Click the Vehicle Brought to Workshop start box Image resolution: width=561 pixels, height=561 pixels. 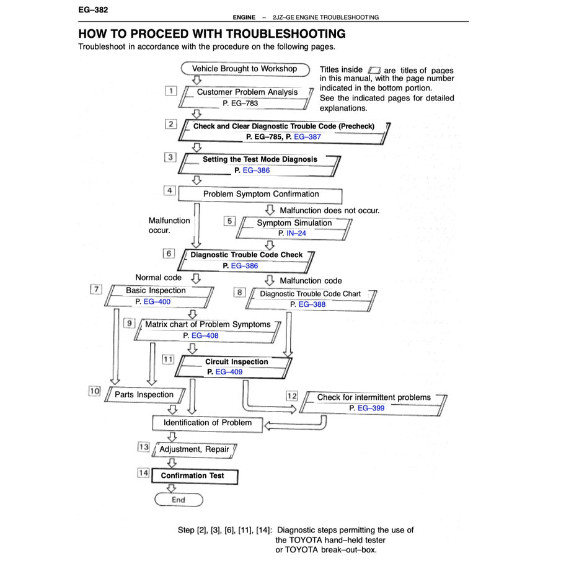pos(244,69)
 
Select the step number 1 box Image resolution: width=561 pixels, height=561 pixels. pos(170,91)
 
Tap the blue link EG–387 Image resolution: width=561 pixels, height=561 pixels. pos(307,136)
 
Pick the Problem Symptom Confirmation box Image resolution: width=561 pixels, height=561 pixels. pos(260,195)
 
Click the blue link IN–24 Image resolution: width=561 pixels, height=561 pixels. pos(296,233)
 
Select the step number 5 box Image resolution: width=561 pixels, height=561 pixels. pos(230,220)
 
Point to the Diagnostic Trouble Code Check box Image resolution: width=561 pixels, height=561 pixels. pos(246,260)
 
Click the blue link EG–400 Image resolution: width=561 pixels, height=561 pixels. pos(157,302)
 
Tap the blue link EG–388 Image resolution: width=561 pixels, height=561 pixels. pos(312,304)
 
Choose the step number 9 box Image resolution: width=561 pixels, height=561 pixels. pos(129,322)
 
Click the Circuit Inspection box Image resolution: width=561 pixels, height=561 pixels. pos(236,366)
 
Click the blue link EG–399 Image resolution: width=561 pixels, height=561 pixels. pos(371,409)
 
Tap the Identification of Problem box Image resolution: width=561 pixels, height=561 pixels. pos(208,423)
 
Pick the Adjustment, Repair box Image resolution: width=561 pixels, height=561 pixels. pos(194,449)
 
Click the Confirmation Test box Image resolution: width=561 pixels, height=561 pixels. pos(192,475)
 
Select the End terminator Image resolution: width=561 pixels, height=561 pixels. pos(178,500)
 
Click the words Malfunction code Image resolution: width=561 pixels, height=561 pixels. pos(311,281)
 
